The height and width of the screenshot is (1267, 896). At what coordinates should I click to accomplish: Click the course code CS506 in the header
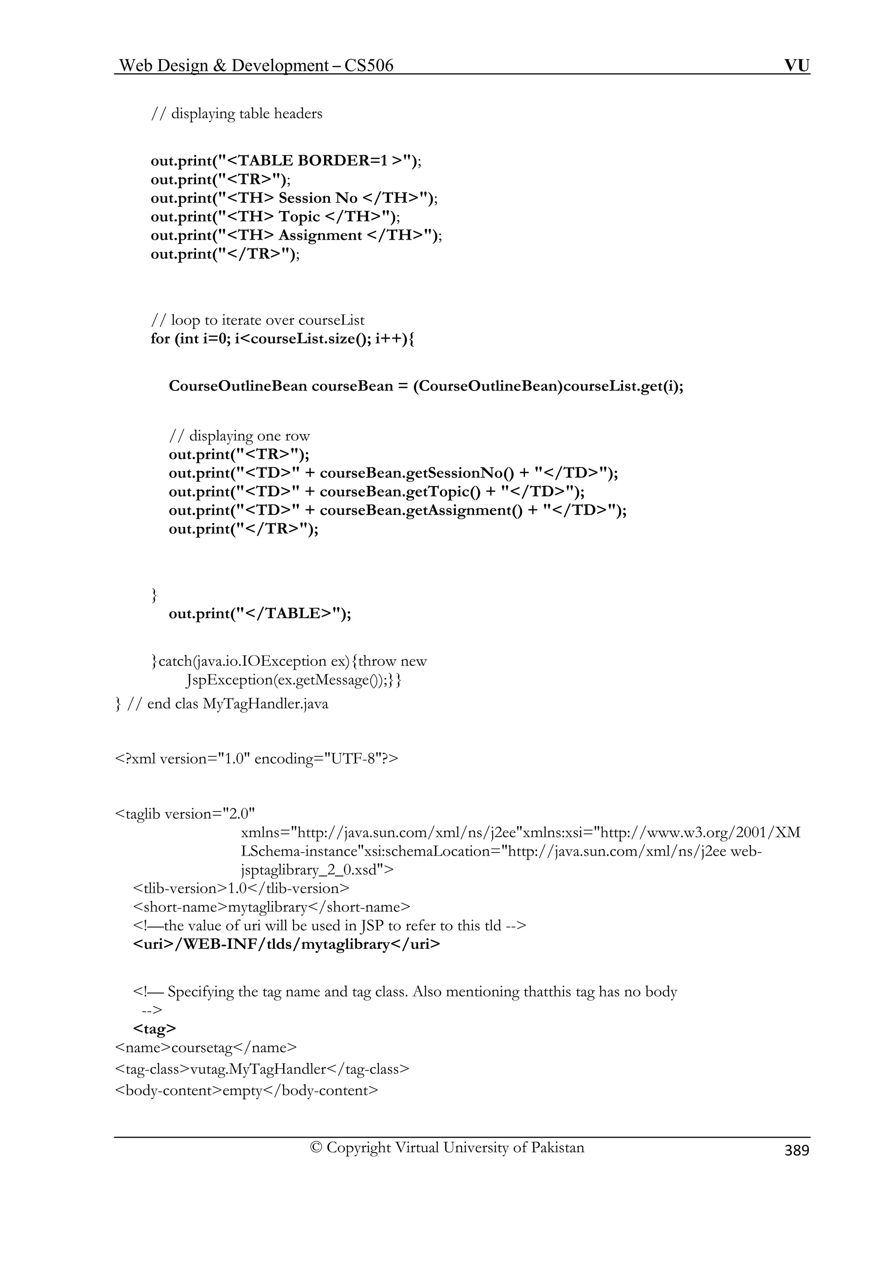tap(369, 66)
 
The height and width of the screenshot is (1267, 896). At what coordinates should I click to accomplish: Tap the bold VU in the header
tap(797, 66)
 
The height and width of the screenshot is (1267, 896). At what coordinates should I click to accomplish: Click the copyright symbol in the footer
tap(316, 1148)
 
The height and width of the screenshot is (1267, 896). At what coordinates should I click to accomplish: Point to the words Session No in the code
tap(318, 198)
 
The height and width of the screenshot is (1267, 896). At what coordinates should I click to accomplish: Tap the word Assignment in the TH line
tap(320, 235)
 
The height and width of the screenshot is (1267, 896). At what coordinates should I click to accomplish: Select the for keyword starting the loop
tap(160, 338)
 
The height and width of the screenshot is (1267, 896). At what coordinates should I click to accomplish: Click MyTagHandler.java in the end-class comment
tap(265, 704)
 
